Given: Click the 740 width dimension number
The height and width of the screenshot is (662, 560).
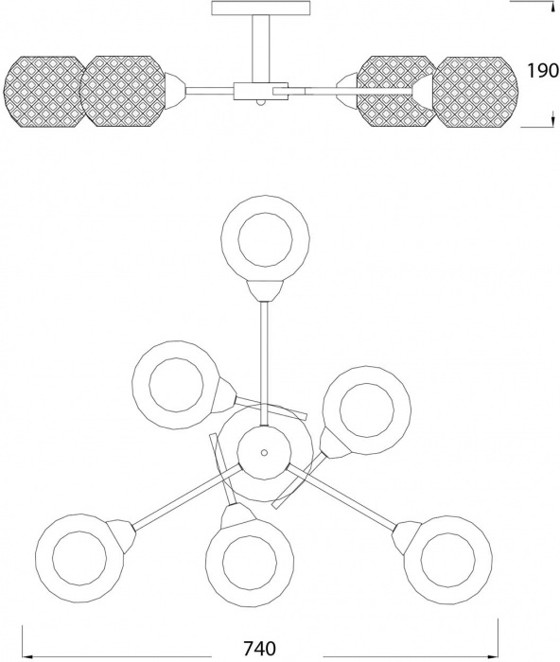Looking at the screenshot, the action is (x=260, y=647).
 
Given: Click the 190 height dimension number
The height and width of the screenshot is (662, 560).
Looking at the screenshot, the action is (x=543, y=71).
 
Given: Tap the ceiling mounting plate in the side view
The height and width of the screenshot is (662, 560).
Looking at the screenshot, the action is (x=260, y=8).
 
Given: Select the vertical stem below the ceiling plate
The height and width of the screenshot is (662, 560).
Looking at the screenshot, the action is (x=261, y=48).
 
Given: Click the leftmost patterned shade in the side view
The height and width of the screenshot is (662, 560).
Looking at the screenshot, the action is (x=43, y=91).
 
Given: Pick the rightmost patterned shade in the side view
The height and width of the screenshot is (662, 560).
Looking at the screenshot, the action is (x=475, y=91).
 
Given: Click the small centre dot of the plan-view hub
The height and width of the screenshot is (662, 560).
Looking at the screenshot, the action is (x=264, y=453).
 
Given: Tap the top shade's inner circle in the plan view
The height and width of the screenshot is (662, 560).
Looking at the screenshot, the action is (x=265, y=239).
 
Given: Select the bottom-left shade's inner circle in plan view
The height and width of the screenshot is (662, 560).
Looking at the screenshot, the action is (x=79, y=558).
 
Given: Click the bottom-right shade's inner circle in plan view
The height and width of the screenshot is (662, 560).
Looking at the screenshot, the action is (x=447, y=560).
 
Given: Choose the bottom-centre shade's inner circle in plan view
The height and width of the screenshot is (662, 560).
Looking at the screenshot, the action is (x=250, y=562).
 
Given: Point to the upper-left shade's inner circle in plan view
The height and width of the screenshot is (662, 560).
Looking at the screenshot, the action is (x=176, y=385).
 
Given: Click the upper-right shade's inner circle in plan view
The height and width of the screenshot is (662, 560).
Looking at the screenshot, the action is (x=367, y=409).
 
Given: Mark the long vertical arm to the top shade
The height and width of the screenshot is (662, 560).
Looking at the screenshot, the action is (x=265, y=363).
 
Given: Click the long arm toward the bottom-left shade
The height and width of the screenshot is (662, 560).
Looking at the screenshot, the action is (x=187, y=496).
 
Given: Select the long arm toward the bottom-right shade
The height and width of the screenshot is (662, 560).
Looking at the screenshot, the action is (x=341, y=496).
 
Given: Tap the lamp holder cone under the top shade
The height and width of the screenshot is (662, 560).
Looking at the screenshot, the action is (x=265, y=291).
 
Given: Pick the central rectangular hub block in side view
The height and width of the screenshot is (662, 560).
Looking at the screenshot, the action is (x=260, y=91).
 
